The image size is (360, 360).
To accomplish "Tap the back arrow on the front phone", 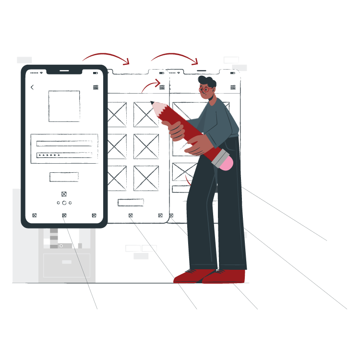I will (32, 87).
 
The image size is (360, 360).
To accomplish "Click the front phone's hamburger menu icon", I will (96, 87).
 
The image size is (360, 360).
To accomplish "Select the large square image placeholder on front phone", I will (64, 106).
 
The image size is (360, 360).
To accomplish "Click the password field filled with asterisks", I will (64, 155).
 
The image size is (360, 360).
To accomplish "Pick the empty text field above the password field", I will (64, 143).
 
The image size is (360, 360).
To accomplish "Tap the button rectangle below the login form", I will (64, 177).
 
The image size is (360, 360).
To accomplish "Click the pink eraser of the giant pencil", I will (226, 163).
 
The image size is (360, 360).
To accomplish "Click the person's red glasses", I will (205, 89).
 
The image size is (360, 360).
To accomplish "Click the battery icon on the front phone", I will (96, 73).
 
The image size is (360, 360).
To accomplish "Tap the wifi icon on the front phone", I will (42, 73).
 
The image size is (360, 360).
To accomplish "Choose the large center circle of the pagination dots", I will (64, 203).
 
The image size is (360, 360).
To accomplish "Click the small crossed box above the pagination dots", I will (64, 194).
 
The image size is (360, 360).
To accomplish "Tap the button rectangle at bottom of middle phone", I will (131, 202).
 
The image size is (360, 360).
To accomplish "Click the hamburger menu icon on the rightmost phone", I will (233, 87).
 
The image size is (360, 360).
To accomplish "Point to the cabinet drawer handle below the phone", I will (67, 262).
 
